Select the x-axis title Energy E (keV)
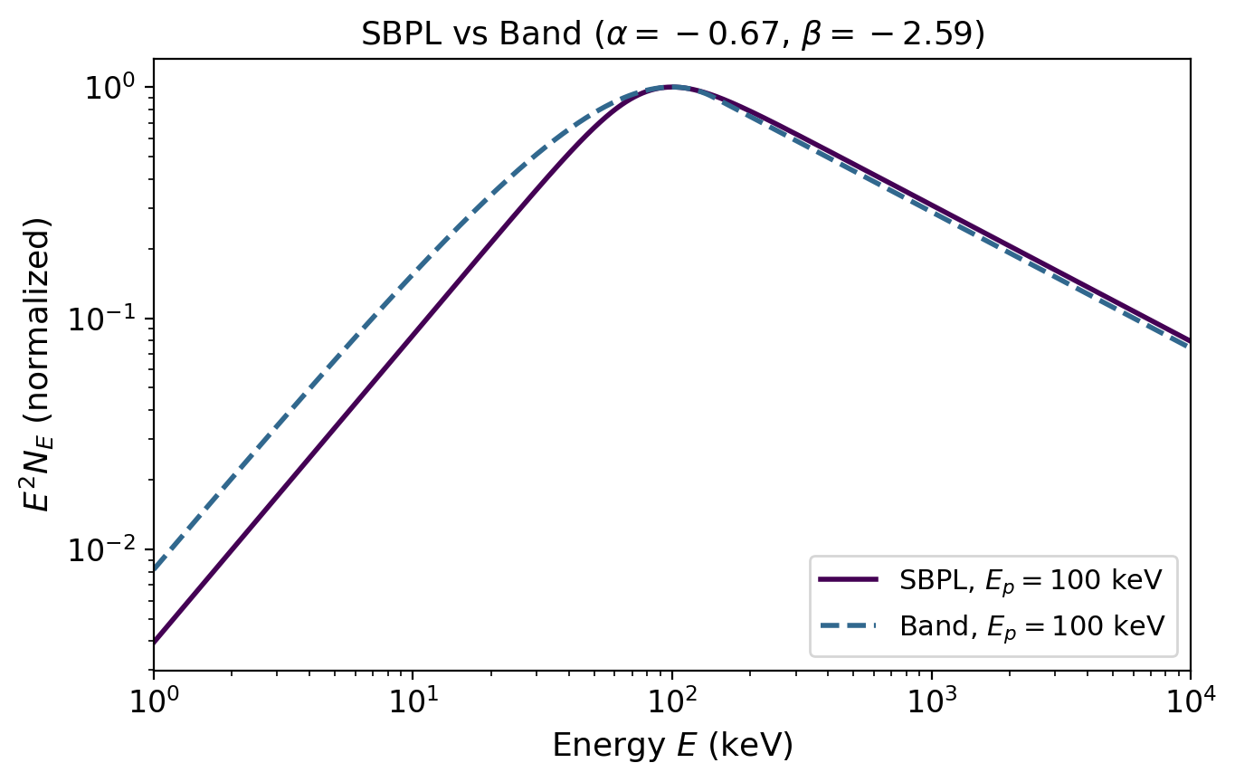672,745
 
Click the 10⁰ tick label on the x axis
154,698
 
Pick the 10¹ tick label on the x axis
413,698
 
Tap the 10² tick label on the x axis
672,698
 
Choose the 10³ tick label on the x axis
931,698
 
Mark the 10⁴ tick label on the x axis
1189,698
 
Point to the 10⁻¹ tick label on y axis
105,319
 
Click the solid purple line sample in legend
848,580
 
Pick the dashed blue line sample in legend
848,625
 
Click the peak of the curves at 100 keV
672,87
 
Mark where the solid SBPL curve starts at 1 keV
155,642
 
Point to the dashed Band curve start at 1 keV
155,570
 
